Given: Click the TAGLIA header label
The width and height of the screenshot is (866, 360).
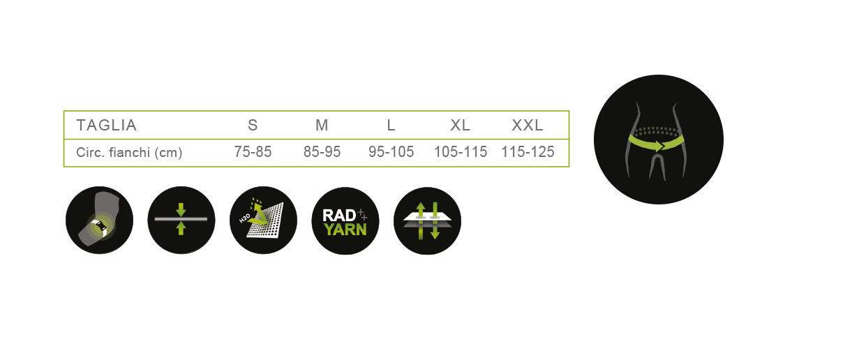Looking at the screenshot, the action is (x=106, y=126).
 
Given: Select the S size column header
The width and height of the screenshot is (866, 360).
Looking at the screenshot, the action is (x=253, y=126).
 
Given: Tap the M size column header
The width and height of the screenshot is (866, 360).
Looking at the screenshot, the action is (x=322, y=126).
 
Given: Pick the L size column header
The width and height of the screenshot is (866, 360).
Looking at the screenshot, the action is (x=391, y=126).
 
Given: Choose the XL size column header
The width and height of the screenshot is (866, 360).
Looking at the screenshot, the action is (x=460, y=126).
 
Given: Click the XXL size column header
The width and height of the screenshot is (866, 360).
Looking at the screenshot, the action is (x=528, y=126).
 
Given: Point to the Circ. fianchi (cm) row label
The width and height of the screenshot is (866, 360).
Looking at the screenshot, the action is (x=129, y=152).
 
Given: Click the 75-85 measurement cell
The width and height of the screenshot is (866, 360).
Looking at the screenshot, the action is (x=253, y=151).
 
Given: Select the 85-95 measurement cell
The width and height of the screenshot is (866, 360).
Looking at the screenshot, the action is (x=322, y=151).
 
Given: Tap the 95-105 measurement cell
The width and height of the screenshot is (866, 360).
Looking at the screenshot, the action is (x=391, y=151).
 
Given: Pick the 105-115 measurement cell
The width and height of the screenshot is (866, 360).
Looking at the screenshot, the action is (x=461, y=151).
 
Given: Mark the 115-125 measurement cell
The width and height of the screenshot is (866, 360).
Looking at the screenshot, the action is (x=528, y=151).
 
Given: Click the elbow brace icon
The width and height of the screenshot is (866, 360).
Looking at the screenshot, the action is (x=99, y=220).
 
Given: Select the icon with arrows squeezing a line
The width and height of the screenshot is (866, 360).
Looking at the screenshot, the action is (x=181, y=220).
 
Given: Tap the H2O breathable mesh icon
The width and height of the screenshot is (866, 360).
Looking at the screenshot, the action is (x=263, y=220).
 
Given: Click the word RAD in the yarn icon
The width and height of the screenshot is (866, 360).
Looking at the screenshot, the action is (x=339, y=216).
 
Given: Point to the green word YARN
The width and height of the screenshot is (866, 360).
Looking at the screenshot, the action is (x=345, y=230).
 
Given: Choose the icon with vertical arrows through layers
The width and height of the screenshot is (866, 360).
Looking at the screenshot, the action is (x=427, y=220).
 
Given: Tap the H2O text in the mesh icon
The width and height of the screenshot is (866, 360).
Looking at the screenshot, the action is (x=244, y=218).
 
